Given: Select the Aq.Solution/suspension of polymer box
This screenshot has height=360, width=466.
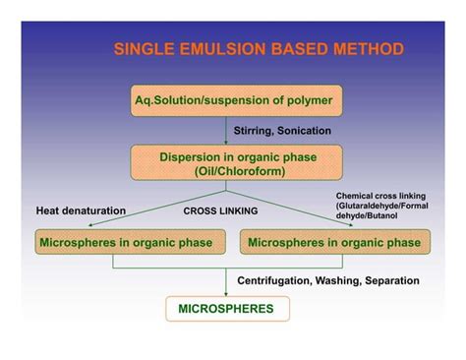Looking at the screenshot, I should click(x=233, y=100).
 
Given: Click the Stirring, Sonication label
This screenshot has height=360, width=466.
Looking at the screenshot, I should click(x=282, y=129).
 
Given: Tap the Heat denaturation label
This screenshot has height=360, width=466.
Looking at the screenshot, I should click(x=81, y=210).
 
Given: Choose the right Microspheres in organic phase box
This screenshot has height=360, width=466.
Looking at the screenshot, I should click(x=334, y=242).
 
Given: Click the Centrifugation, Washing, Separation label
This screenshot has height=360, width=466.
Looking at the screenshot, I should click(x=328, y=280).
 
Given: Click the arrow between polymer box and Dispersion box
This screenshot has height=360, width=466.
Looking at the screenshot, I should click(x=227, y=132).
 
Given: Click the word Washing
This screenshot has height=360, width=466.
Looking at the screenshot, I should click(x=343, y=280).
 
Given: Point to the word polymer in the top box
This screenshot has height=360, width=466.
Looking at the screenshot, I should click(x=307, y=100).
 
